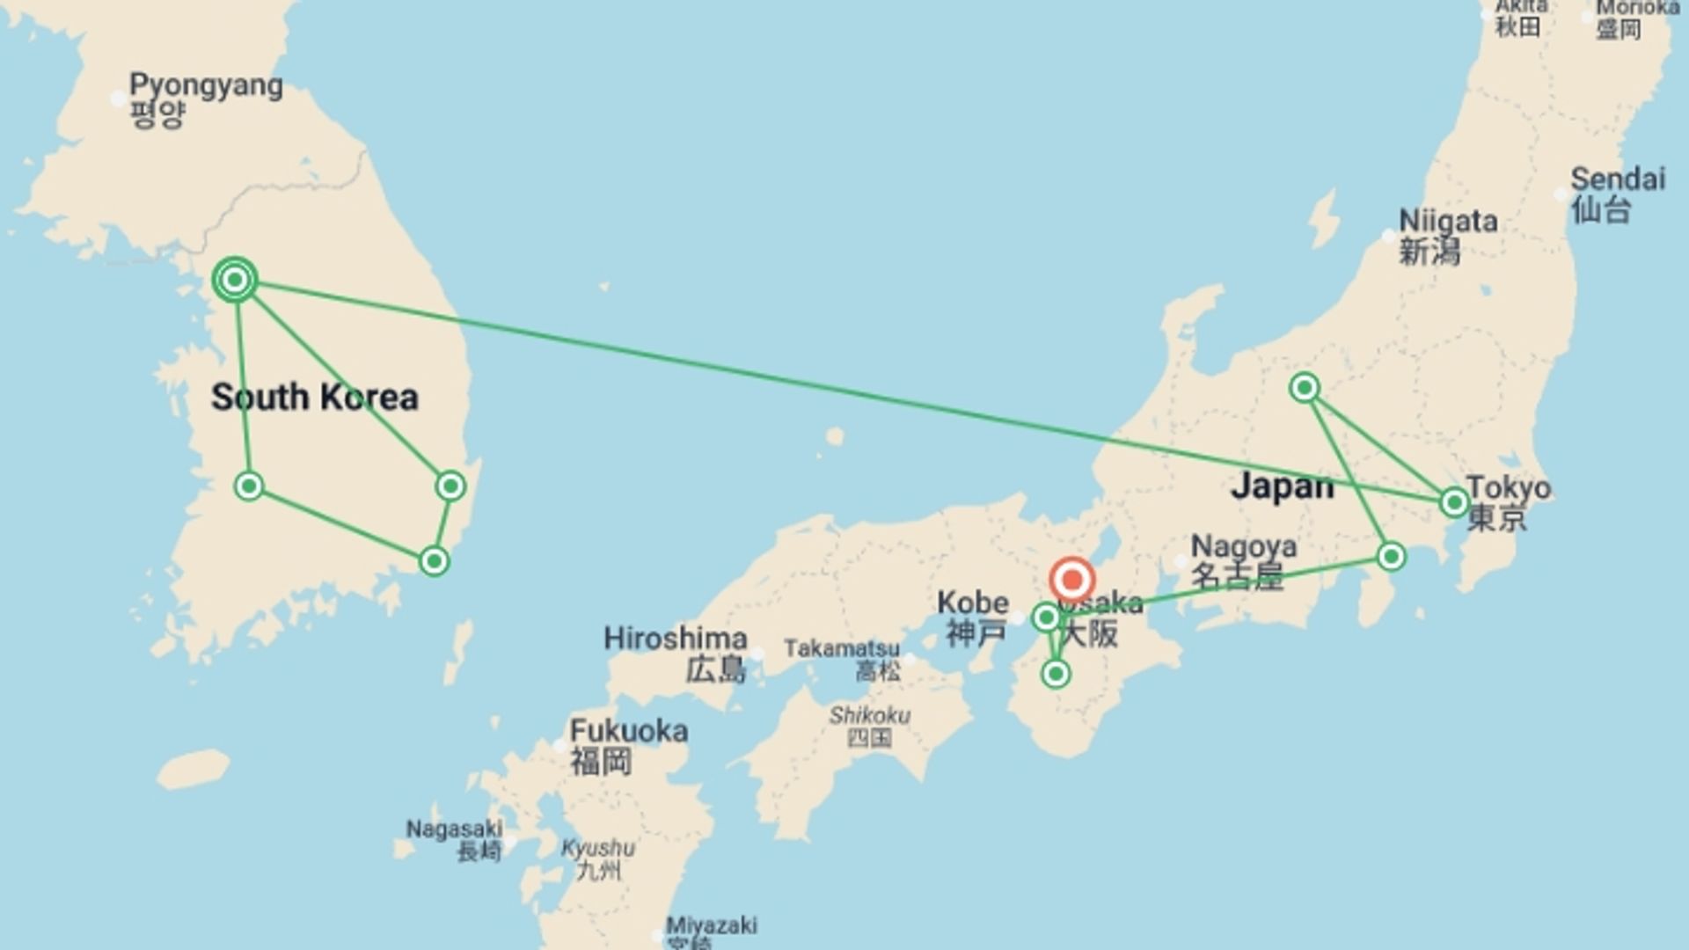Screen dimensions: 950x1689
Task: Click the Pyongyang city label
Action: [x=205, y=86]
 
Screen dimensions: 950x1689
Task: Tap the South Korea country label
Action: [x=314, y=398]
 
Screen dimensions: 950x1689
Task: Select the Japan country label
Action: [x=1281, y=486]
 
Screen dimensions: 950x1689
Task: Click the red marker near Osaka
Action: [x=1071, y=581]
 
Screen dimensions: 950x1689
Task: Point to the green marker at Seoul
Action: [x=235, y=281]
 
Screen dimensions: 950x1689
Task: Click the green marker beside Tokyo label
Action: [x=1454, y=502]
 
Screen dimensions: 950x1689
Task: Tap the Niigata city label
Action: [x=1447, y=221]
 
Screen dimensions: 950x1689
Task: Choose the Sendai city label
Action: [x=1617, y=179]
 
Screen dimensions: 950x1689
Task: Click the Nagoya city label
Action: [x=1243, y=546]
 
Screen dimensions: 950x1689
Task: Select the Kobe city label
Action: [x=972, y=603]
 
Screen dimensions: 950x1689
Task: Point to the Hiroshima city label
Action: [x=675, y=639]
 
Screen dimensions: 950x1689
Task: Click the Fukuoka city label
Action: [x=628, y=731]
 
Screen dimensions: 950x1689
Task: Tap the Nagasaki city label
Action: [x=453, y=829]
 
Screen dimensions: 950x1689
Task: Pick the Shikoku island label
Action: [x=869, y=715]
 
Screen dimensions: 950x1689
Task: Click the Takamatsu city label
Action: [x=841, y=649]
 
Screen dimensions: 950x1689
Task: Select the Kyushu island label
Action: [x=597, y=849]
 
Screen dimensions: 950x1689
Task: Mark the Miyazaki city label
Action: [x=711, y=925]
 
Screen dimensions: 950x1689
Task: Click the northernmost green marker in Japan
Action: [x=1304, y=387]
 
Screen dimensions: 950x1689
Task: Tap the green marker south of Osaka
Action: [x=1056, y=674]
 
